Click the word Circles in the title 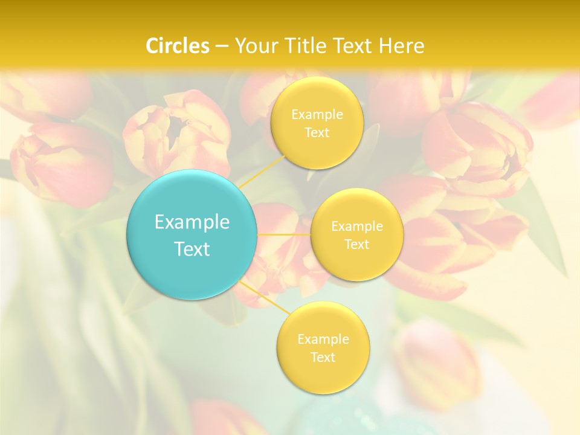pos(178,46)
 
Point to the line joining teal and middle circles pos(284,234)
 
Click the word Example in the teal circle pos(192,222)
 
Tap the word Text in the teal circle pos(192,249)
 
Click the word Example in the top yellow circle pos(317,115)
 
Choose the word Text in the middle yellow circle pos(357,245)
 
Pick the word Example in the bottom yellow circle pos(323,340)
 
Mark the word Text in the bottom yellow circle pos(323,358)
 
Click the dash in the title pos(221,46)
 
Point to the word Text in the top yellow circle pos(317,133)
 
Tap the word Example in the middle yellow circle pos(357,227)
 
